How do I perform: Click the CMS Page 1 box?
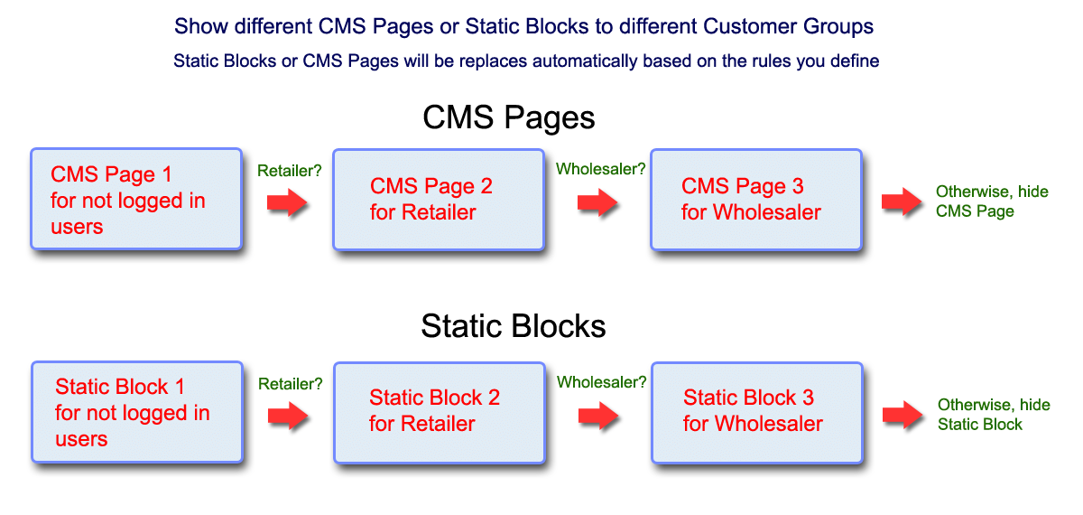coord(136,199)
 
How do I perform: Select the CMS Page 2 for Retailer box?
coord(439,199)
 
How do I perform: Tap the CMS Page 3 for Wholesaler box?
coord(755,199)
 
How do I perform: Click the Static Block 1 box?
coord(137,412)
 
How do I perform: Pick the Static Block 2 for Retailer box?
coord(439,412)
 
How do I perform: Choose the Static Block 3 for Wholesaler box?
coord(756,412)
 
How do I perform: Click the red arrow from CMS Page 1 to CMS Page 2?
coord(288,202)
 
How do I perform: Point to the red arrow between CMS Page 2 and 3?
coord(597,202)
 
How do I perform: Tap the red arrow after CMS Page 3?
coord(902,201)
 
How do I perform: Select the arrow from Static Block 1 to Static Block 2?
coord(288,416)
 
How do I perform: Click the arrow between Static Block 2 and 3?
coord(597,416)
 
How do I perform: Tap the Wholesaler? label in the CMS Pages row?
coord(600,169)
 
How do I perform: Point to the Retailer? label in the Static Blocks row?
coord(291,384)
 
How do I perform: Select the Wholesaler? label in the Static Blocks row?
coord(601,382)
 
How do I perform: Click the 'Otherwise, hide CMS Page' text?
coord(978,201)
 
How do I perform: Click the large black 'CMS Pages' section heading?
coord(509,118)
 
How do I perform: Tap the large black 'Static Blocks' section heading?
coord(513,326)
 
